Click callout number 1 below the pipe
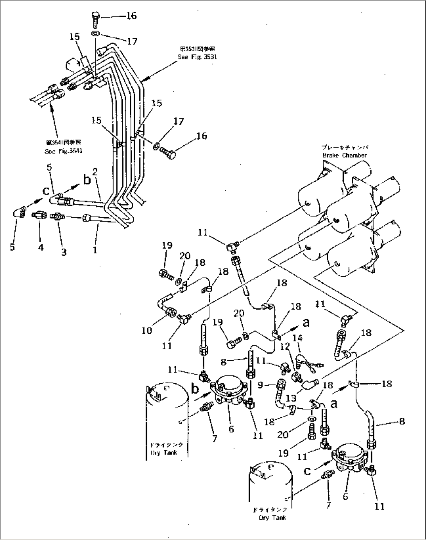click(95, 250)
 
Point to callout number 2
click(95, 172)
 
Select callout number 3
click(63, 252)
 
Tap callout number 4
click(41, 248)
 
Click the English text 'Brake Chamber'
click(344, 155)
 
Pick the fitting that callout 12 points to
click(297, 376)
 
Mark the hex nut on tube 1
click(86, 217)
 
